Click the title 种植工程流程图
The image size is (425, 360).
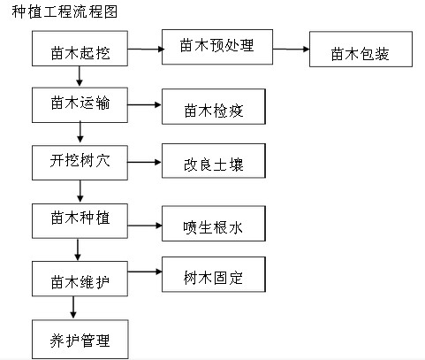(65, 11)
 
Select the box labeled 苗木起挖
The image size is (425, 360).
(80, 49)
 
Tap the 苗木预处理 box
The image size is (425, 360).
(217, 47)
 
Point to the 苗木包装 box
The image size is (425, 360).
(360, 50)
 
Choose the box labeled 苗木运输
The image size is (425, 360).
(80, 105)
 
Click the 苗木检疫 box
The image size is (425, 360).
(214, 106)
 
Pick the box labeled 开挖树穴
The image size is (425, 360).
(80, 163)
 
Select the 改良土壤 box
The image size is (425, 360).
(214, 161)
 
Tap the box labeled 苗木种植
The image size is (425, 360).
(80, 221)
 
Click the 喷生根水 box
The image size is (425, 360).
(214, 224)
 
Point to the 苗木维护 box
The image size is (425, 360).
(80, 279)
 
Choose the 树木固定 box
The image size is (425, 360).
(214, 274)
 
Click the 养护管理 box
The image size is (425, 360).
(80, 340)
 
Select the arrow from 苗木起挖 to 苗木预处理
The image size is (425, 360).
(146, 49)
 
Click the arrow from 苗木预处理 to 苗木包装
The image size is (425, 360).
(291, 49)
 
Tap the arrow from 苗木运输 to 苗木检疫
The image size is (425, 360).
(144, 104)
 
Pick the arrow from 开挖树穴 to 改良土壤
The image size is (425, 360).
(144, 162)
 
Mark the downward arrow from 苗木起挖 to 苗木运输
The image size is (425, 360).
(80, 76)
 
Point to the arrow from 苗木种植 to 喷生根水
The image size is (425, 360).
(145, 226)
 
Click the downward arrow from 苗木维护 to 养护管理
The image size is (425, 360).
(73, 308)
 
